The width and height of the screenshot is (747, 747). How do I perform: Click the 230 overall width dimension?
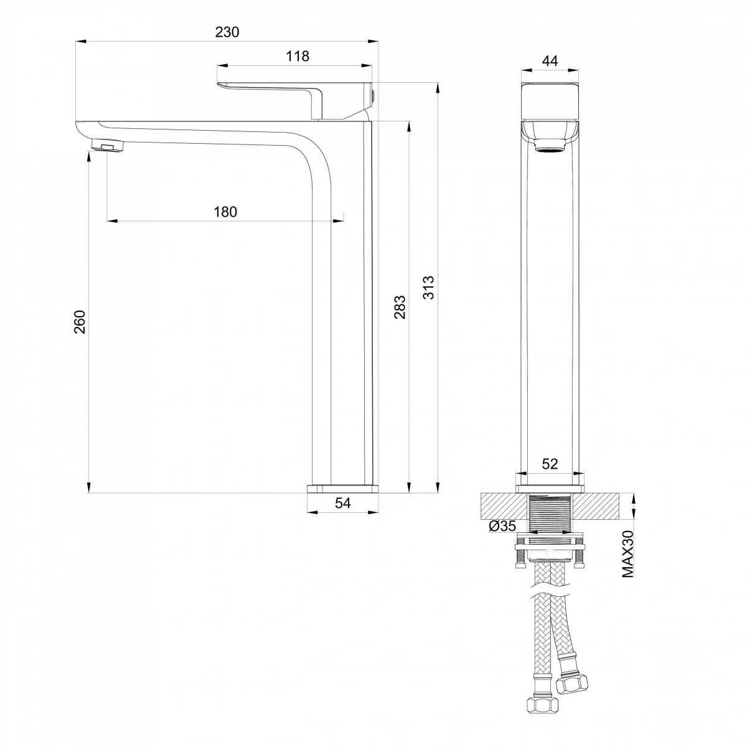point(227,32)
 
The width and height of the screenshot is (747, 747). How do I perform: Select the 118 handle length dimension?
point(298,56)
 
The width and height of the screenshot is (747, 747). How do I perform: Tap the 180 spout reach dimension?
point(225,212)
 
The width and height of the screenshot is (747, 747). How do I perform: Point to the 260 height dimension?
point(80,321)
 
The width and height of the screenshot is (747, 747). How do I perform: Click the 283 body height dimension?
point(400,307)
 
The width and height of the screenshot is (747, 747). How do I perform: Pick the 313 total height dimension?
point(428,287)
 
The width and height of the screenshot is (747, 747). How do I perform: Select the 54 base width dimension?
point(342,503)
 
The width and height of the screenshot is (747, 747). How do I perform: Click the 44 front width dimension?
point(550,61)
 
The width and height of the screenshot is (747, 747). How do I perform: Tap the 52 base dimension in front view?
point(550,464)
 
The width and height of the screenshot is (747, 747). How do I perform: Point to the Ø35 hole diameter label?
point(502,525)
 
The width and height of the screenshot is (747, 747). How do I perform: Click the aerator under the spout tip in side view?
point(108,146)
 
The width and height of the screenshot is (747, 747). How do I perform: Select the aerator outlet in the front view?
point(550,147)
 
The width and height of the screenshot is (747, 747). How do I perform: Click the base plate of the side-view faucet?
point(342,489)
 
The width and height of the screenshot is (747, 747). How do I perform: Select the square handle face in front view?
point(550,100)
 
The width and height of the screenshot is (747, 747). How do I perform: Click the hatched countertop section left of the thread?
point(504,506)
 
